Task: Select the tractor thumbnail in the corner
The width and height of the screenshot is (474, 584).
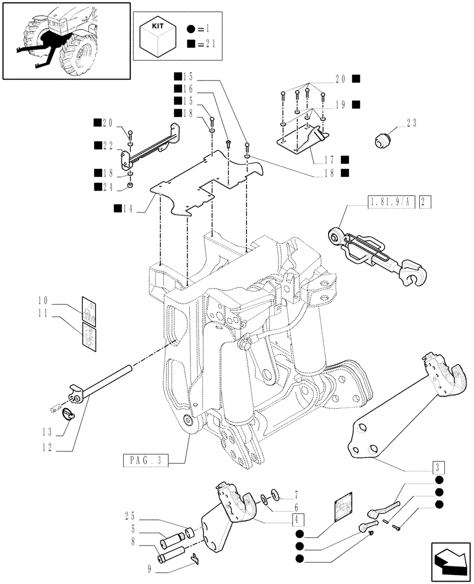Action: [65, 40]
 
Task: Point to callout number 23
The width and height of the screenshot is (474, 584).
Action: [412, 123]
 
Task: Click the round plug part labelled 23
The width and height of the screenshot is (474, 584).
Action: [382, 140]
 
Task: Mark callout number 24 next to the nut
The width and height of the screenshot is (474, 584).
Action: [107, 187]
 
